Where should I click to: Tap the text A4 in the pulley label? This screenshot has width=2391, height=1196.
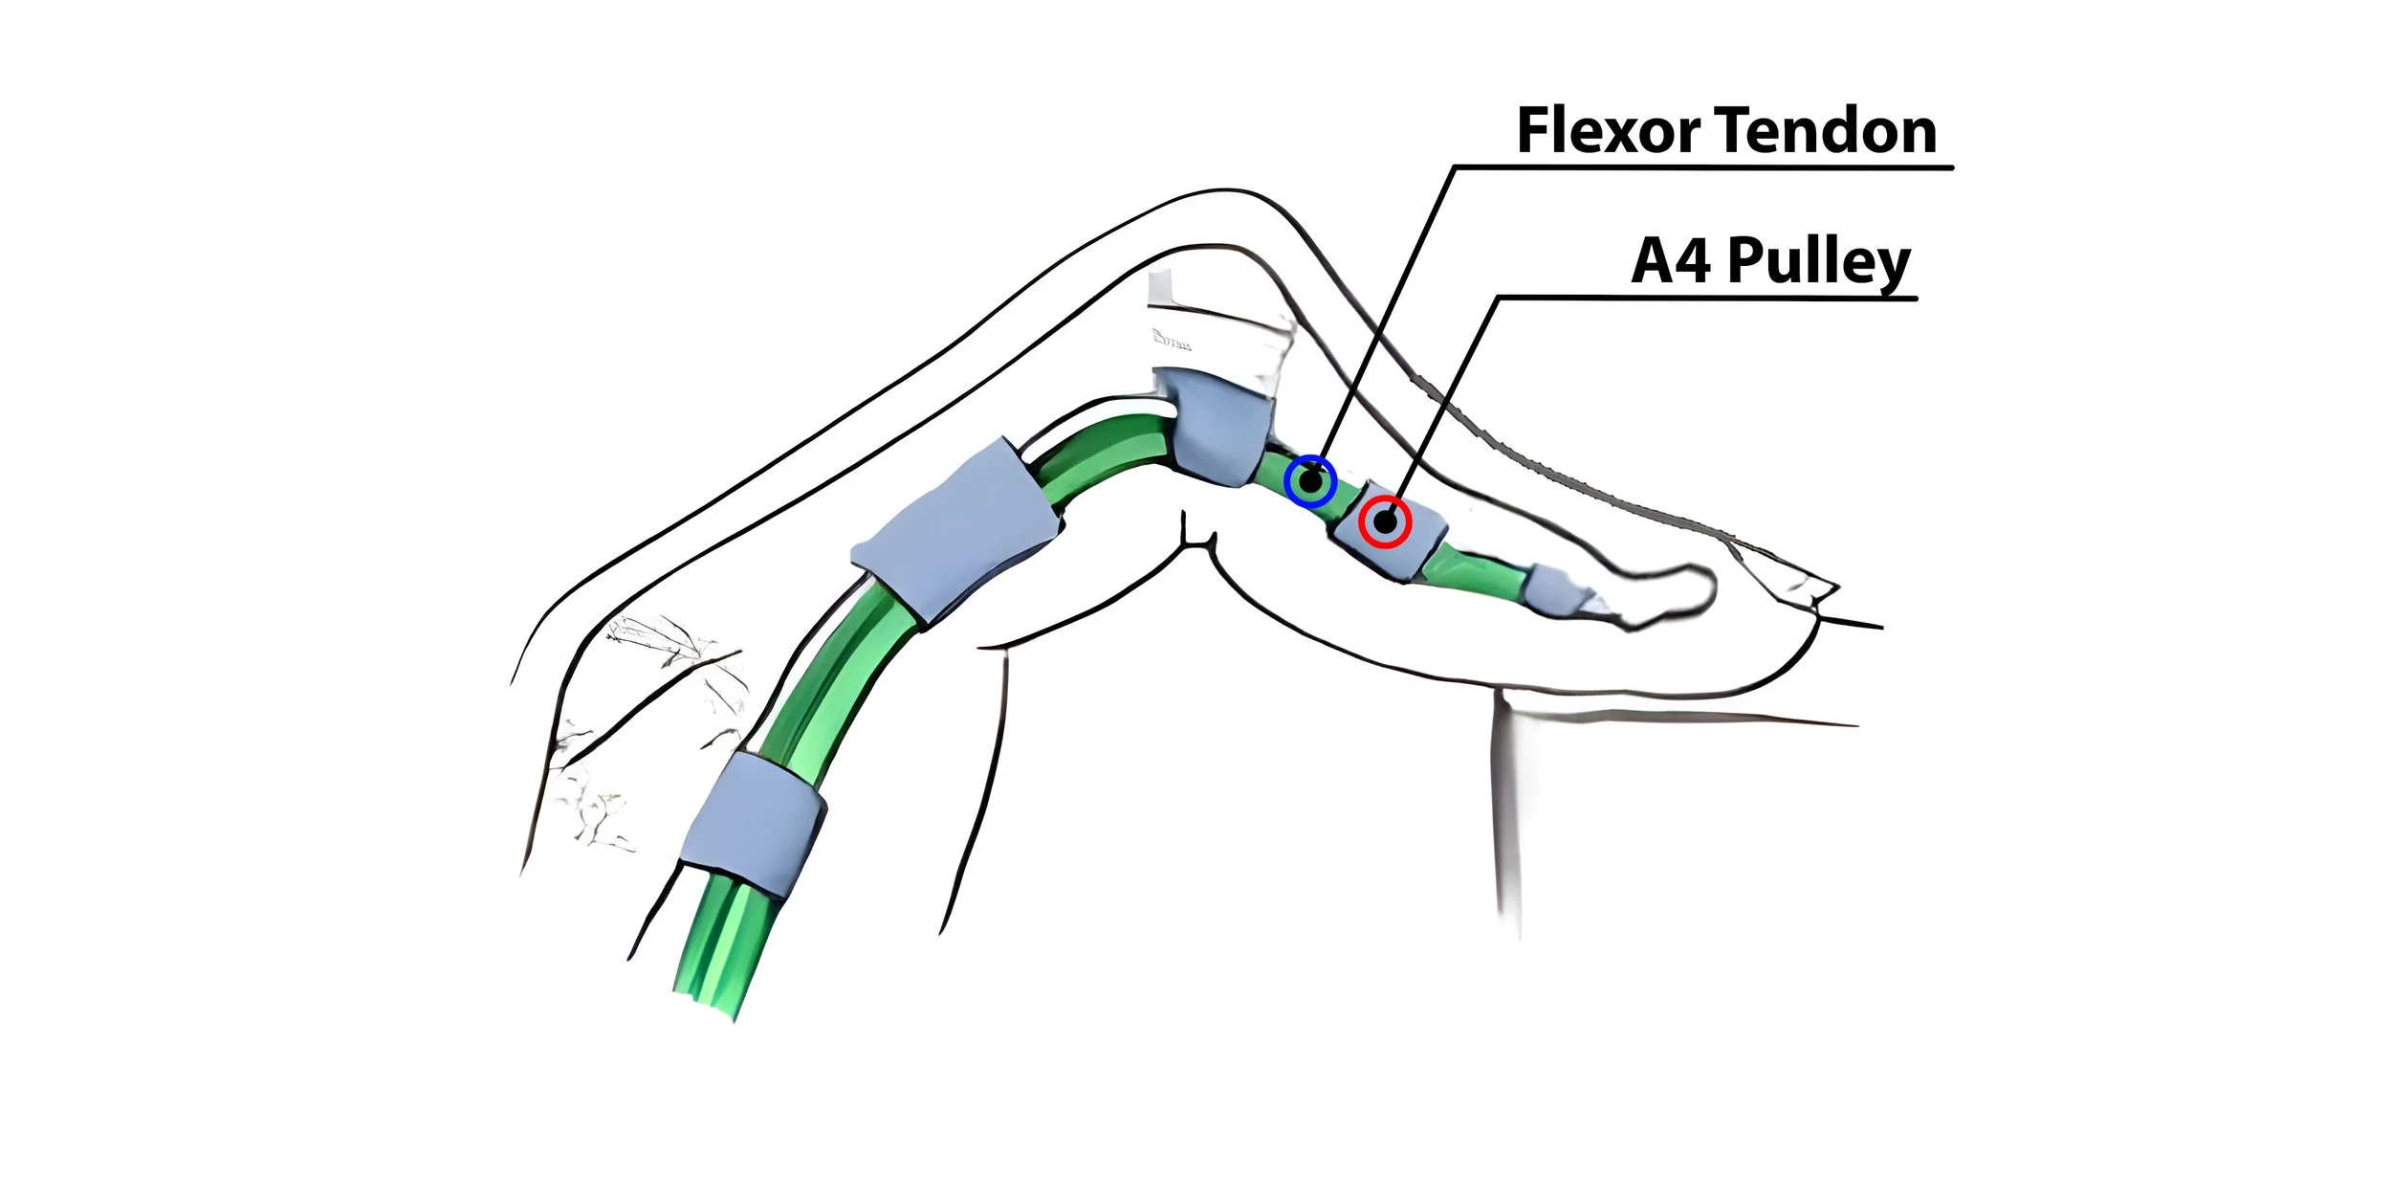[1670, 260]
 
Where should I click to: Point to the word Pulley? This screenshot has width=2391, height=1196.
[1818, 262]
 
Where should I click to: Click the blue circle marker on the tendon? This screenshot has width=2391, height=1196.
[1310, 481]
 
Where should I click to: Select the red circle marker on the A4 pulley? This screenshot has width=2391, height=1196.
[1385, 522]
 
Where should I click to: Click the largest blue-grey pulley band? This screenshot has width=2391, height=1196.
[954, 531]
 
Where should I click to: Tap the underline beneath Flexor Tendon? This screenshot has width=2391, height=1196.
[1702, 167]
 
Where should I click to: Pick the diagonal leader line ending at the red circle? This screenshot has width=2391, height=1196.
[1444, 402]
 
